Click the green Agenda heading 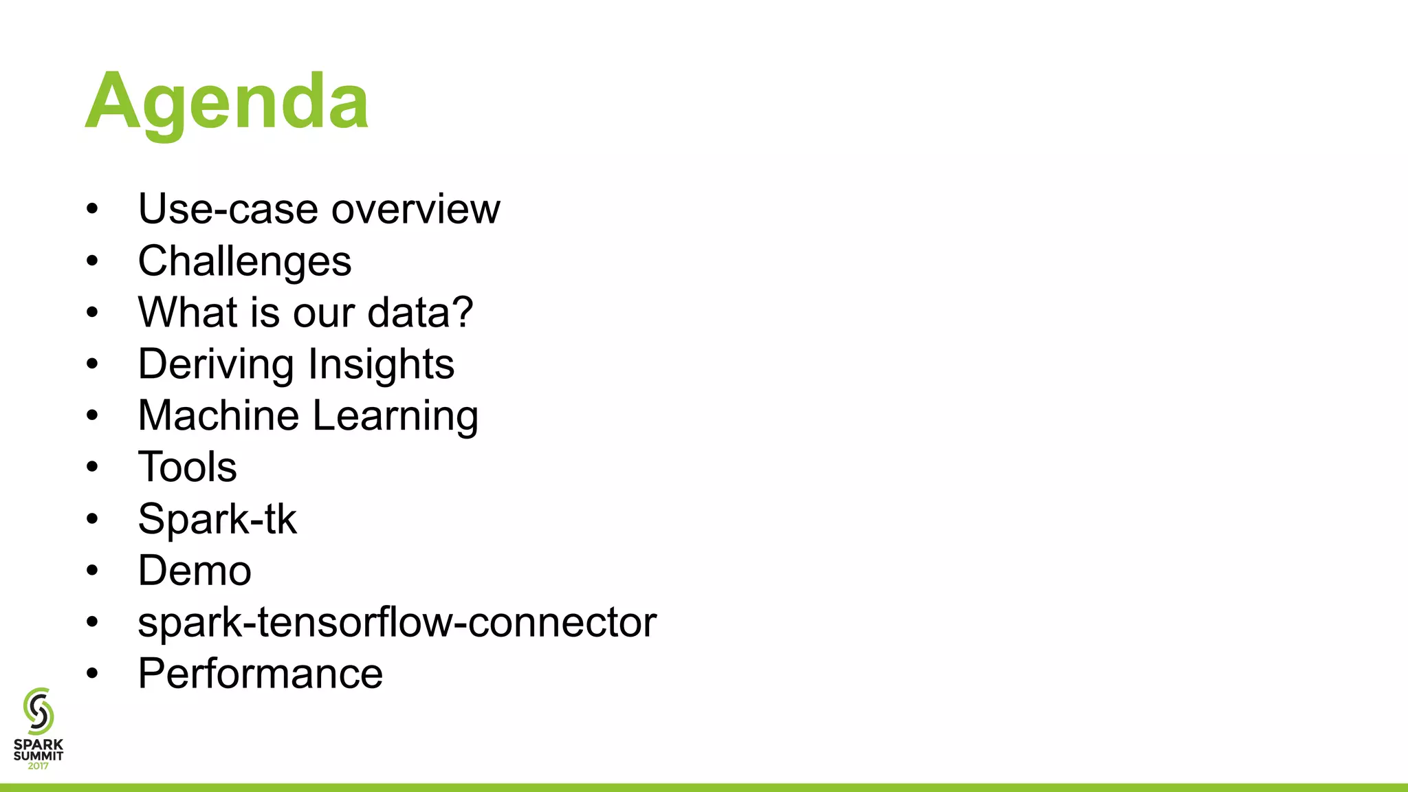[227, 102]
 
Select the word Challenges [245, 261]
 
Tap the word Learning [395, 417]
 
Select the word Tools [187, 467]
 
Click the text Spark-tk [217, 519]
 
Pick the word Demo [195, 571]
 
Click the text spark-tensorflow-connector [397, 622]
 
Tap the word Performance [260, 674]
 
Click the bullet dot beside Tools [93, 467]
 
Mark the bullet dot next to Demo [93, 571]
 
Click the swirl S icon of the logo [38, 711]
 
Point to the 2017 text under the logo [38, 766]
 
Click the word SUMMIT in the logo [38, 756]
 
